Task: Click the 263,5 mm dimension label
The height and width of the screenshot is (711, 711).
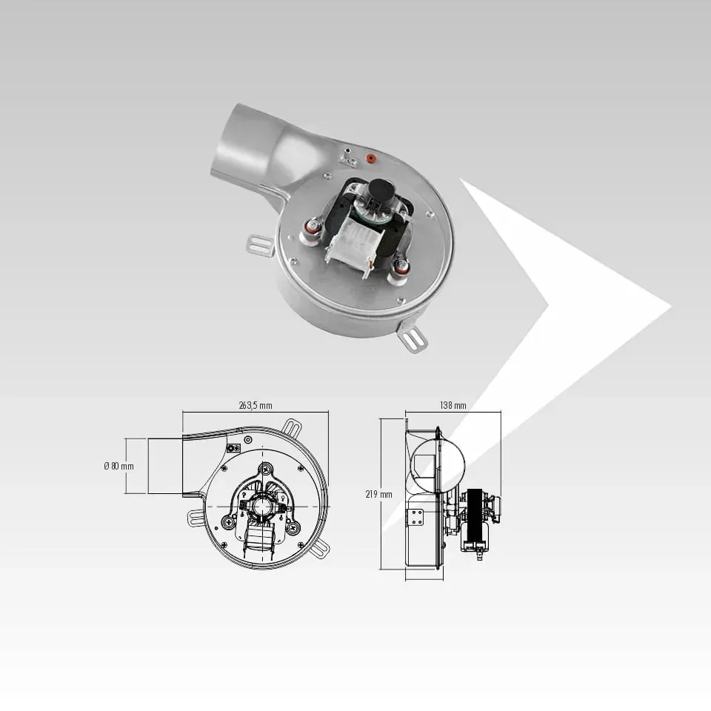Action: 256,405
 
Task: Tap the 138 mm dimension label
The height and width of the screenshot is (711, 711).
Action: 453,405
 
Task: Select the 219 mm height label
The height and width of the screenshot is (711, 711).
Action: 378,494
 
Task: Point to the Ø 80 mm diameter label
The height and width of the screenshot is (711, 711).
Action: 118,466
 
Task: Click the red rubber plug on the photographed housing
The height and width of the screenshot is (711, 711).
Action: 370,158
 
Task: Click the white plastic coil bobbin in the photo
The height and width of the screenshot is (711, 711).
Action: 354,244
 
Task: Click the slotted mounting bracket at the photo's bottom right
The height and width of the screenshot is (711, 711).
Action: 413,338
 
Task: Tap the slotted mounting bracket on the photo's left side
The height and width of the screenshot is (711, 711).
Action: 260,245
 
